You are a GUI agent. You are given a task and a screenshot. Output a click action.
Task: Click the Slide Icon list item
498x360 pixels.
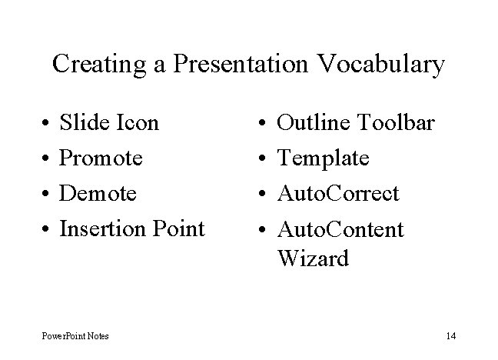tap(109, 123)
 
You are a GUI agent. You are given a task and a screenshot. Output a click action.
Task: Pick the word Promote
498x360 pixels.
tap(101, 158)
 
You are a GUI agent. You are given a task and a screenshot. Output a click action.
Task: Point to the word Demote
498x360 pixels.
tap(98, 194)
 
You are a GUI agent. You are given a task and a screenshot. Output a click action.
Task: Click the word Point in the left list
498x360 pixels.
tap(178, 228)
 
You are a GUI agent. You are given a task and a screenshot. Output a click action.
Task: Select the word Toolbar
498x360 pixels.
tap(397, 123)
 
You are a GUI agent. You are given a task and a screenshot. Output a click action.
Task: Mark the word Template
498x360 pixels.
tap(323, 158)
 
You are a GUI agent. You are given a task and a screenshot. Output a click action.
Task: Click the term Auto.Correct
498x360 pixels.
tap(338, 194)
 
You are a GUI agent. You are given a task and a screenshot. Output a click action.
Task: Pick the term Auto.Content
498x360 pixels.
tap(340, 229)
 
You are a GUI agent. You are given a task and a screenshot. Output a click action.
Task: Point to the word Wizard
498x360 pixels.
tap(312, 258)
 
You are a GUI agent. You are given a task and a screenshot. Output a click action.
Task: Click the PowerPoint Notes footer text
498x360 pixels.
tap(75, 335)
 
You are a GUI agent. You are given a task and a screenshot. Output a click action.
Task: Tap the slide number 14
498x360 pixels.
tap(450, 335)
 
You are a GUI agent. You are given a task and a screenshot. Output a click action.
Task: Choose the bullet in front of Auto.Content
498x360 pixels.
tap(263, 230)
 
